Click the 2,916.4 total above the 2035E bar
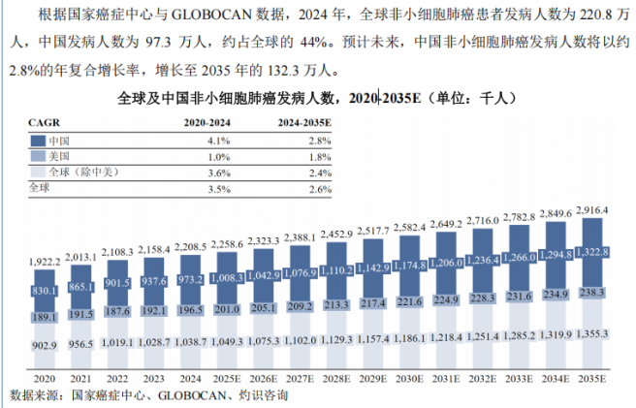592,210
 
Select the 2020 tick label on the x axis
45,379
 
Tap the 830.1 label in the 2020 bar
45,291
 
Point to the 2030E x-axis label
409,379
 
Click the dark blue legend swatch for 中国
38,141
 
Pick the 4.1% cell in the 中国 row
219,141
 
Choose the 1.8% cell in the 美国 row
320,157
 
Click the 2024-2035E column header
304,122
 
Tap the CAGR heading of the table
45,122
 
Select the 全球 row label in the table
39,187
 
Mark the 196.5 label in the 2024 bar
190,310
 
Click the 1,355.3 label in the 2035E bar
592,333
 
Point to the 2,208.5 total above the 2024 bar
190,247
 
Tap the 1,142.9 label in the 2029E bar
372,267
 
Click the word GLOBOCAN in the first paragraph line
211,15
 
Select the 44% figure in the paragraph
314,42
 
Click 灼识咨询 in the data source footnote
264,395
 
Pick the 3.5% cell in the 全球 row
219,189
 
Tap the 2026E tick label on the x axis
264,379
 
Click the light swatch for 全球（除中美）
38,172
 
